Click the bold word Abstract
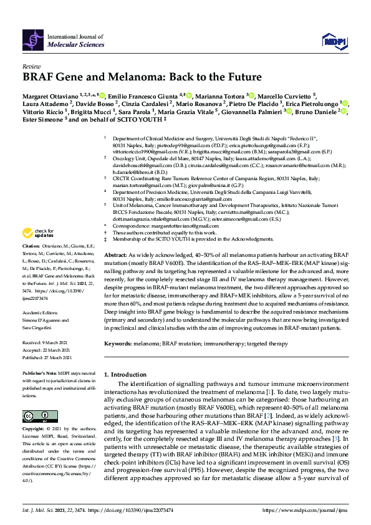coord(115,256)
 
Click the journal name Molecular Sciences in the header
coord(77,45)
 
